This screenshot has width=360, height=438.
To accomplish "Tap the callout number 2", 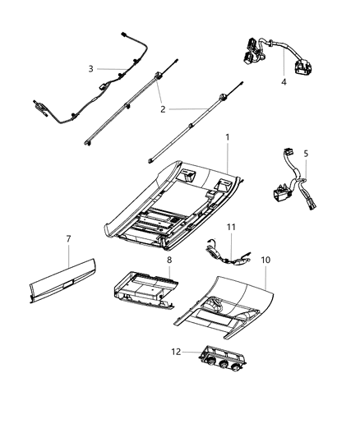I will point(163,108).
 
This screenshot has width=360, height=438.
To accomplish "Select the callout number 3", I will point(91,68).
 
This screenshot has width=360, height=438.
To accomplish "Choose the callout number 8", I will point(168,260).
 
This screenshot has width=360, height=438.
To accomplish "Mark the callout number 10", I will point(265,260).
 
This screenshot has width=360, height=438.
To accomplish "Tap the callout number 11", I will point(232,225).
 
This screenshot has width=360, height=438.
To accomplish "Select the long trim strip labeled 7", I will point(62,280).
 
